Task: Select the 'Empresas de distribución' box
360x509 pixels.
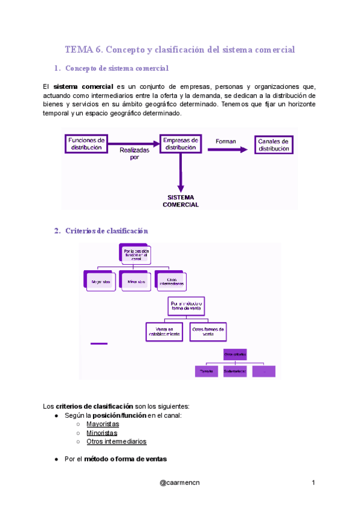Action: pos(179,143)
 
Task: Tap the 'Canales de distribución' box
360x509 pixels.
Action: pos(274,145)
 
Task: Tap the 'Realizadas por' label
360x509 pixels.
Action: pos(134,154)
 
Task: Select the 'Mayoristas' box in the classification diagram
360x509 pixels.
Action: pos(100,281)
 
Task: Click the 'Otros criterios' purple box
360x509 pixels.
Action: pos(235,354)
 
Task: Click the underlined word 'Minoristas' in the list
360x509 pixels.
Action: pos(102,432)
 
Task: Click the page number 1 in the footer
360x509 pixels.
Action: pos(313,483)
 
